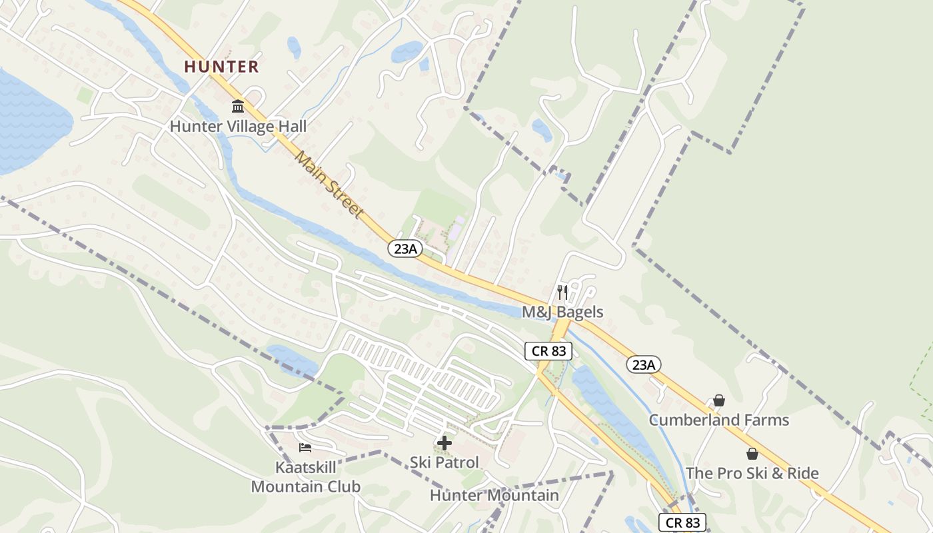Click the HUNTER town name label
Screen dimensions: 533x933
(221, 67)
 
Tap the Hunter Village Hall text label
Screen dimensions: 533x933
(238, 127)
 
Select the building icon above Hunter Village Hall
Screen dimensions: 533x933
(238, 107)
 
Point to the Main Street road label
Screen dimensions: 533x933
(329, 185)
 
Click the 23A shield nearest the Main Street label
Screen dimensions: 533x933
(406, 249)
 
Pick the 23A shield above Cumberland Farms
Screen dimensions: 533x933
(644, 364)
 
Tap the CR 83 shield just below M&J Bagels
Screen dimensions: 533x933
(548, 351)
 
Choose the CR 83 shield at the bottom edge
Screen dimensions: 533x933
(682, 522)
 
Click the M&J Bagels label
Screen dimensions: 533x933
(562, 312)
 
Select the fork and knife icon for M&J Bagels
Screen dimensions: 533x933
(562, 292)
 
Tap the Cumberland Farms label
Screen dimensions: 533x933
(718, 420)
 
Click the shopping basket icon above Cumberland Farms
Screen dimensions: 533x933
(719, 400)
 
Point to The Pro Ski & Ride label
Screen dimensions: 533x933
(752, 474)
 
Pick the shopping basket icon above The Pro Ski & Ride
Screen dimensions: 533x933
(752, 454)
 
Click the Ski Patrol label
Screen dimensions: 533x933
(444, 462)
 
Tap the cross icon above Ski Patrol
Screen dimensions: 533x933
(445, 442)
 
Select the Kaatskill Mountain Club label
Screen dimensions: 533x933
(305, 477)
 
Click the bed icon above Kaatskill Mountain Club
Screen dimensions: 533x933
(305, 447)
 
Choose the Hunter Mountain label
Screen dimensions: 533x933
(494, 495)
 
